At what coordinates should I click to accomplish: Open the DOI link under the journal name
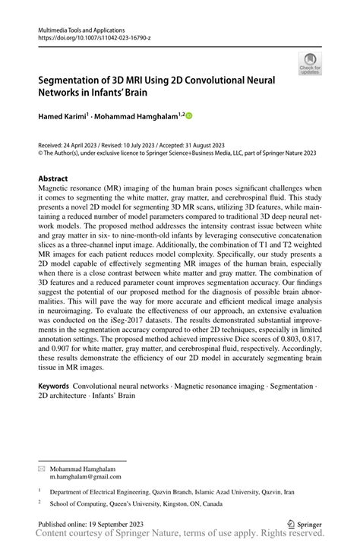tap(84, 36)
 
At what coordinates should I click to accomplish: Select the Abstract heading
tap(55, 178)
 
